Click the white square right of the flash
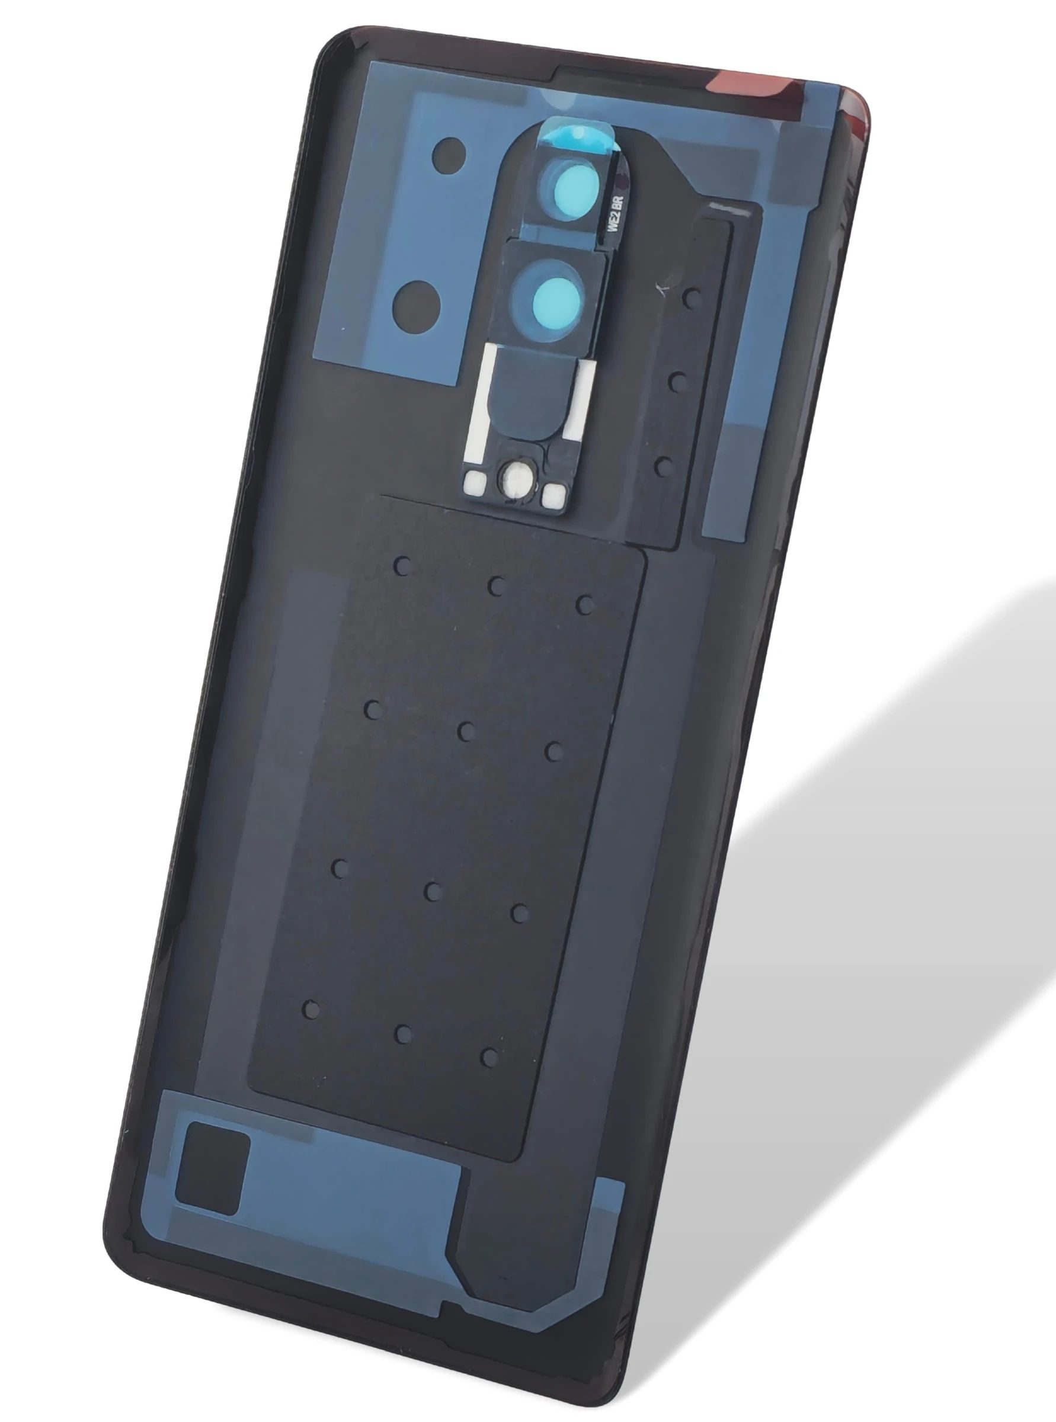552,496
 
